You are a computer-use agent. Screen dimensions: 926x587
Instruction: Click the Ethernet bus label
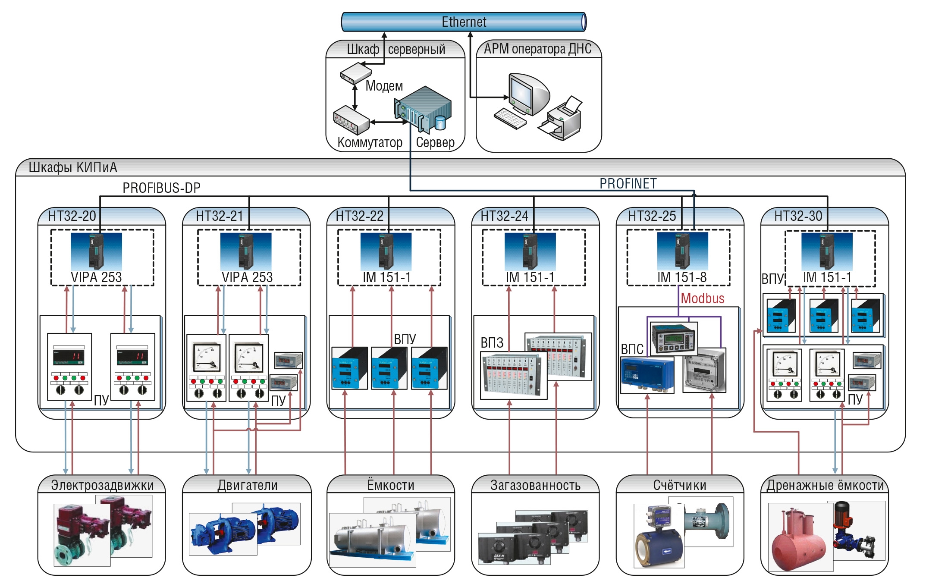[x=464, y=22]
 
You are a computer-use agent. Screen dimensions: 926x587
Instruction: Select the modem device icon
[x=356, y=73]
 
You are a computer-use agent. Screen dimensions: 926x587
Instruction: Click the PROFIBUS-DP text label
[x=161, y=188]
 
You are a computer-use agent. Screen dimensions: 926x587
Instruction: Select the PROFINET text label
[x=628, y=184]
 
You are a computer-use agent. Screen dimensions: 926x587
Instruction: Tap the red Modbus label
[x=703, y=298]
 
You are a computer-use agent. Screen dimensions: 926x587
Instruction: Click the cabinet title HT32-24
[x=504, y=216]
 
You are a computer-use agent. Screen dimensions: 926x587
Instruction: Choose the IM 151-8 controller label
[x=682, y=277]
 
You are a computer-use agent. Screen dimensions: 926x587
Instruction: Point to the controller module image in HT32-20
[x=96, y=251]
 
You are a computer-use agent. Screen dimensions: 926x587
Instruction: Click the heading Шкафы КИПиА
[x=73, y=167]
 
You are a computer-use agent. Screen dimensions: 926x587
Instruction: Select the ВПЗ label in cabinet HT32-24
[x=492, y=343]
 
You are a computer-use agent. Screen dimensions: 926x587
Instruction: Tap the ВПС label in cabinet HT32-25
[x=632, y=349]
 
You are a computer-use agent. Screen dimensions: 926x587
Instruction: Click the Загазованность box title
[x=535, y=485]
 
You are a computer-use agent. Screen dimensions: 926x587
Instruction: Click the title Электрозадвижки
[x=102, y=485]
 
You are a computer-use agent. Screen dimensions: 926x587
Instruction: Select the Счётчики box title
[x=680, y=485]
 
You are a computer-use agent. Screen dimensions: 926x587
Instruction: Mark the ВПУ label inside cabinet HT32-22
[x=405, y=339]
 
